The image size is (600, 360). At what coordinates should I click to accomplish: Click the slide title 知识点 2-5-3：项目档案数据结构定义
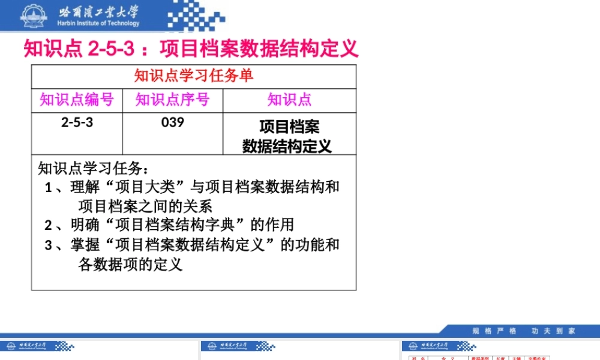(191, 47)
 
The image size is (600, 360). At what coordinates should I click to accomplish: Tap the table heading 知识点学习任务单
(194, 76)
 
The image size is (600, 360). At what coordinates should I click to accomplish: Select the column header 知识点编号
(77, 100)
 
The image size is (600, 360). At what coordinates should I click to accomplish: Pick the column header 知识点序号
(173, 100)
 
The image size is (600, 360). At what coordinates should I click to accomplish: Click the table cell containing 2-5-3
(77, 123)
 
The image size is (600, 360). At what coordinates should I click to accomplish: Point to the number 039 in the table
(173, 123)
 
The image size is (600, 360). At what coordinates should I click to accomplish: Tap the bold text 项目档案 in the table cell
(289, 127)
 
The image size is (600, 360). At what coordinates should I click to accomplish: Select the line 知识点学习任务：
(93, 167)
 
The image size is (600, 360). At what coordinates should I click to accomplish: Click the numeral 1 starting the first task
(49, 188)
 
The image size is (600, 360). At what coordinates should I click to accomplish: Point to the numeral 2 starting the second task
(49, 226)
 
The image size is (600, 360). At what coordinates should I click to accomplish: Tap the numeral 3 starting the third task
(49, 245)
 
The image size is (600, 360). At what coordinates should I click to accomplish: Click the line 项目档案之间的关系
(145, 206)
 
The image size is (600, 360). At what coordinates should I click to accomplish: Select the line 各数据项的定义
(130, 265)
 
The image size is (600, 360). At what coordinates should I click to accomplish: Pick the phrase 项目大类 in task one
(144, 187)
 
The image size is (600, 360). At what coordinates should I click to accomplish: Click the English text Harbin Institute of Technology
(98, 23)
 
